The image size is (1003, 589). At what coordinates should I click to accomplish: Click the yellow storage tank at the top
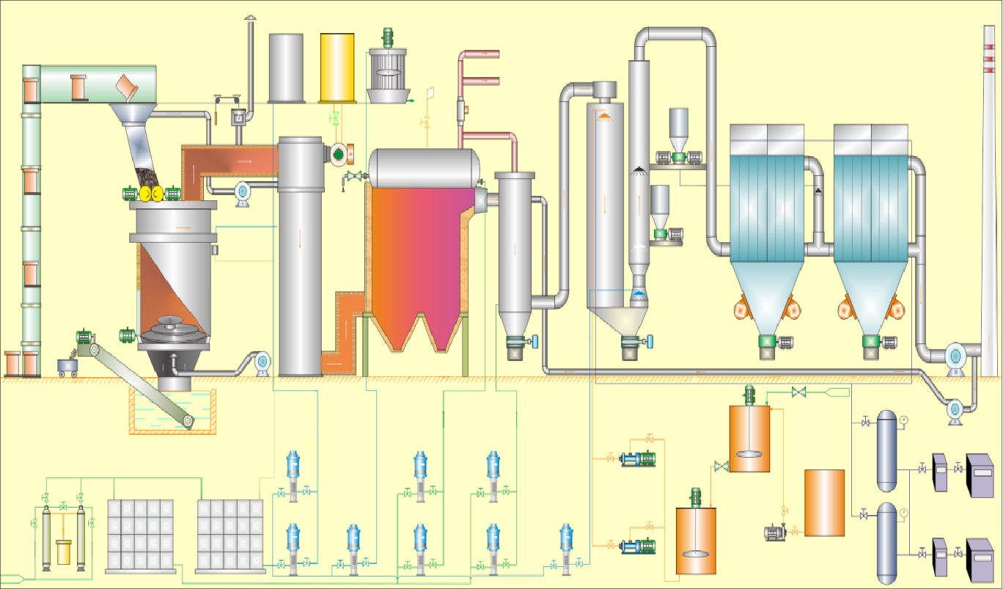click(x=337, y=67)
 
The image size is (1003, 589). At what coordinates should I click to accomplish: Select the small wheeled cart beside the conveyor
click(x=68, y=367)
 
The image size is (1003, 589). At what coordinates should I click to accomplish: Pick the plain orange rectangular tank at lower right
click(x=824, y=503)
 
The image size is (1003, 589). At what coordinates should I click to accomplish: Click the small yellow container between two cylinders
click(x=64, y=552)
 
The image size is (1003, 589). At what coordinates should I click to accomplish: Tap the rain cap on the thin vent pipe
click(x=250, y=18)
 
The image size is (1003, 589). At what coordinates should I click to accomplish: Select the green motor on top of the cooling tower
click(x=388, y=36)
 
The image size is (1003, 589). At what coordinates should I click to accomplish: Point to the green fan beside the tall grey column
click(x=339, y=153)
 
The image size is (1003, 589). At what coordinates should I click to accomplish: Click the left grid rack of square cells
click(x=140, y=535)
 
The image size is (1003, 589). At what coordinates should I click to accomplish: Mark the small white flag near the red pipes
click(x=430, y=93)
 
